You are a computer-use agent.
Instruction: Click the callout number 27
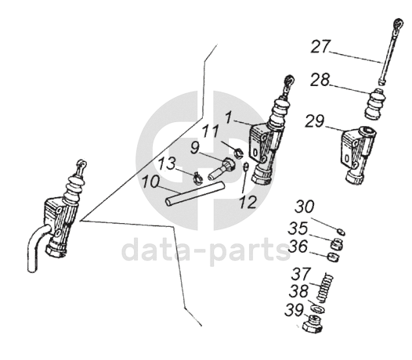tap(320, 47)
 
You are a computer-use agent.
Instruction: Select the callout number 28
tap(320, 80)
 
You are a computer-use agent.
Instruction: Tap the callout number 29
tap(315, 121)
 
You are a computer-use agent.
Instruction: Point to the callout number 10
tap(150, 182)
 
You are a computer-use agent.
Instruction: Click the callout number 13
tap(167, 164)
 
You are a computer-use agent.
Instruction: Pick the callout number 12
tap(248, 202)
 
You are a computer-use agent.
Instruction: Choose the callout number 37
tap(301, 274)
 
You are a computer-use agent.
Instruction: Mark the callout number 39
tap(295, 311)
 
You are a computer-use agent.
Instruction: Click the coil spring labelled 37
tap(324, 287)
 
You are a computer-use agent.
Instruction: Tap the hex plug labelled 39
tap(313, 326)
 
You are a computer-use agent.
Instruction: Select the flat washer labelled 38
tap(318, 309)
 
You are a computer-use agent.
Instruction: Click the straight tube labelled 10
tap(195, 194)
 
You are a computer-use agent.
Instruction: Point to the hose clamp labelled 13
tap(197, 178)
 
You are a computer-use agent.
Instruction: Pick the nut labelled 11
tap(238, 153)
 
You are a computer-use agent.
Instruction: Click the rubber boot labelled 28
tap(375, 105)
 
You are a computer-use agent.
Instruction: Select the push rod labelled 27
tap(389, 52)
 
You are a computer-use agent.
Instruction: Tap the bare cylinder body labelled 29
tap(358, 155)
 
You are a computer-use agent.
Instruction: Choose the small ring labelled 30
tap(341, 232)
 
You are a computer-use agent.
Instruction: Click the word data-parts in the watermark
tap(206, 250)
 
